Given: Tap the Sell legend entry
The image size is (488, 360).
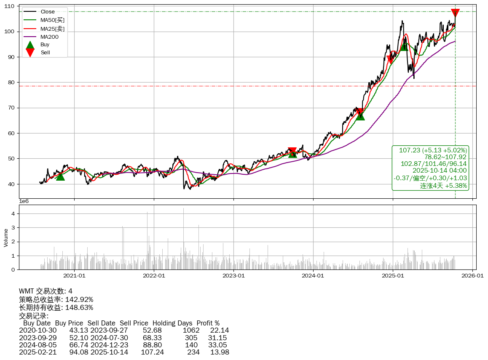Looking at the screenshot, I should [45, 52].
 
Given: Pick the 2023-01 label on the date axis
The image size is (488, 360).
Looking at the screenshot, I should [233, 276].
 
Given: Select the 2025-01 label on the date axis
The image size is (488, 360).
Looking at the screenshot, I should [393, 276].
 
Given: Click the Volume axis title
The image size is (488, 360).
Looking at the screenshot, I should [6, 237].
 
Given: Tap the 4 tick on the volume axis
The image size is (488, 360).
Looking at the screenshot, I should [13, 214].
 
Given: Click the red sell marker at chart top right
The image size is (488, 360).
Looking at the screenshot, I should [455, 13].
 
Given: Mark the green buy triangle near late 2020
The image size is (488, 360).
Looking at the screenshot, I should [60, 176].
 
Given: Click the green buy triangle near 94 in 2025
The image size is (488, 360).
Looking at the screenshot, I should [404, 46].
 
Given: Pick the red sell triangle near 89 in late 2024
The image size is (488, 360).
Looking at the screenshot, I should [391, 59].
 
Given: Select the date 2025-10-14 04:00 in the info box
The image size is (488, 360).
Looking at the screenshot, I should [440, 171].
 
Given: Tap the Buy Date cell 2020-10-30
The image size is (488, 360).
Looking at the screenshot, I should [38, 330].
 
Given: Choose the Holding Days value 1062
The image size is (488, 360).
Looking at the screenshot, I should [190, 330].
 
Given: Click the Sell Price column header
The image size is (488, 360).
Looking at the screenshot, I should [134, 323].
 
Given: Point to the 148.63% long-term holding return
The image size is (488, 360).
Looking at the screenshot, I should [79, 308].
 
